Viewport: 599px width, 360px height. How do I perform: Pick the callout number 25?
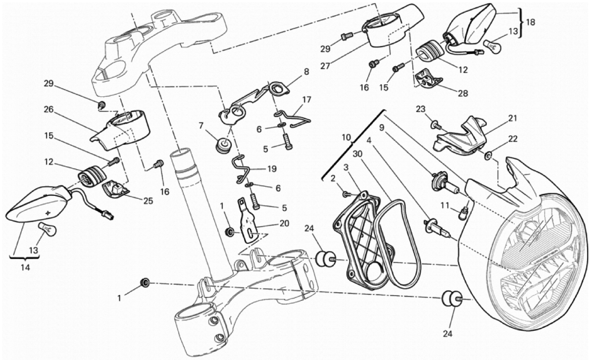pos(147,200)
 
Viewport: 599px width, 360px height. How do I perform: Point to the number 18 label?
pos(530,22)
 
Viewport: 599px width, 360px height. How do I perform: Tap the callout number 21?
pos(513,118)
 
